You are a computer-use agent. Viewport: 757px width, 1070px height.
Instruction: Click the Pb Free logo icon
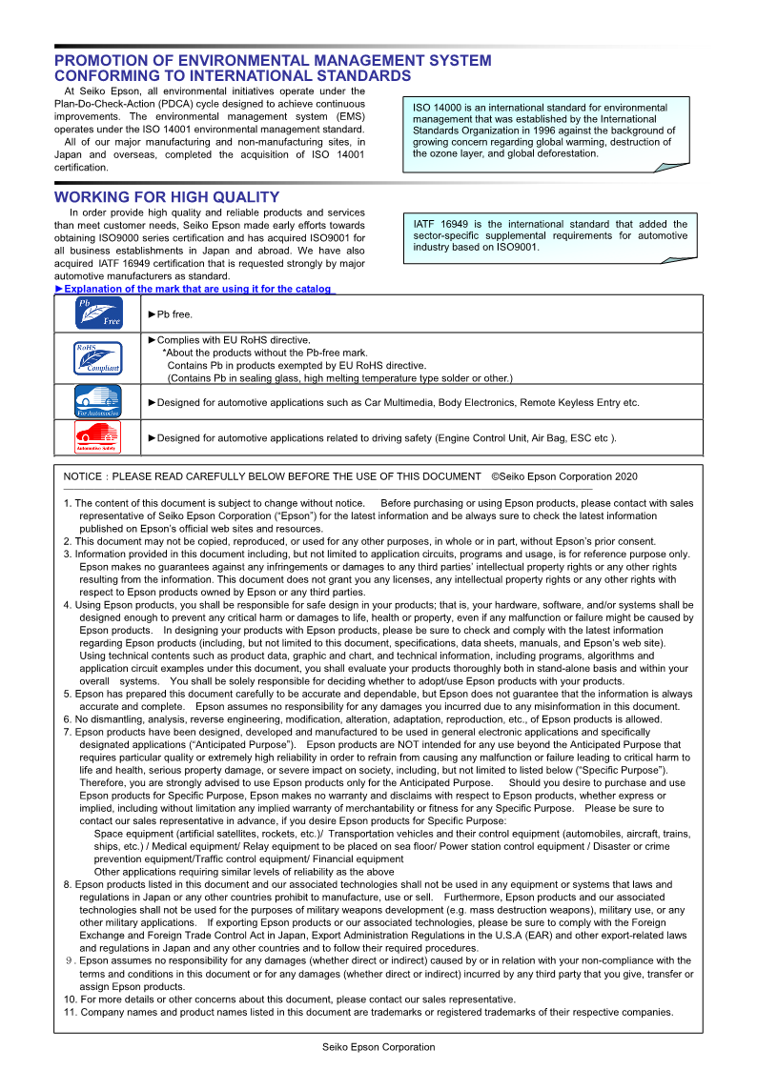(x=99, y=313)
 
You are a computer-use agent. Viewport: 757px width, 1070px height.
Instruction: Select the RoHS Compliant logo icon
(x=99, y=357)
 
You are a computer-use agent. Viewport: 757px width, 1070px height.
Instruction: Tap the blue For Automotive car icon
(x=98, y=401)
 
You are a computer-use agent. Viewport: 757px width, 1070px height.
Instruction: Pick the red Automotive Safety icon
(x=98, y=437)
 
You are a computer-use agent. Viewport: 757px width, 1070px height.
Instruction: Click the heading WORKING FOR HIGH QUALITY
(x=167, y=197)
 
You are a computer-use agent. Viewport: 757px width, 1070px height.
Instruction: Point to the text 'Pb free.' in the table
(x=174, y=313)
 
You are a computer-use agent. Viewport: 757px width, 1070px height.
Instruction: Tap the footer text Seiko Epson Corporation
(x=378, y=1046)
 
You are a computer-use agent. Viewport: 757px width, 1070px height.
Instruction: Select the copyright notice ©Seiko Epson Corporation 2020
(x=564, y=476)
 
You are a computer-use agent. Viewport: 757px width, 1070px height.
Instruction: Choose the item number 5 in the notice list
(x=67, y=695)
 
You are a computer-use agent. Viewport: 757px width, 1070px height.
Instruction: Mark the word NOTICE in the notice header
(x=83, y=476)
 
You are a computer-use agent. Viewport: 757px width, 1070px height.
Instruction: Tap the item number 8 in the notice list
(x=67, y=884)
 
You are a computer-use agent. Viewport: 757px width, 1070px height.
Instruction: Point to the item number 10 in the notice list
(x=70, y=999)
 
